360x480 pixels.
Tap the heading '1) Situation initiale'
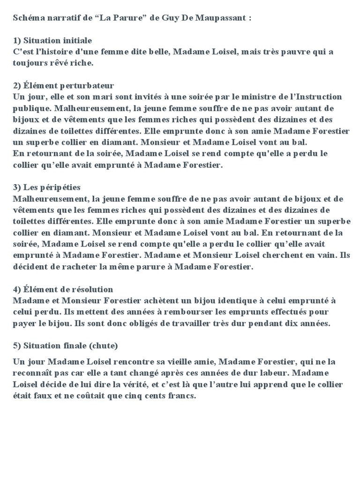(52, 41)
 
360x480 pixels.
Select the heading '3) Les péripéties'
(47, 187)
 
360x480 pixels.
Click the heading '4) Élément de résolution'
(63, 290)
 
